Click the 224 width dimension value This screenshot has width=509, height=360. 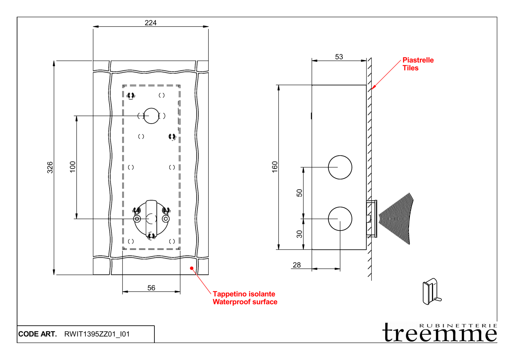click(x=151, y=23)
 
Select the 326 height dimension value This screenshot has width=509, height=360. click(x=50, y=167)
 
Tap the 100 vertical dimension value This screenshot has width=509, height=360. click(x=73, y=167)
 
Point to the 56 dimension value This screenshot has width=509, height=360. click(x=151, y=288)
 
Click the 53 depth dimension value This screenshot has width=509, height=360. click(x=339, y=57)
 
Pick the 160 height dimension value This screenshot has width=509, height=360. click(x=275, y=167)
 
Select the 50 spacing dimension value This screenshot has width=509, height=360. click(x=299, y=193)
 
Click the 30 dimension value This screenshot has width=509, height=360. click(x=299, y=234)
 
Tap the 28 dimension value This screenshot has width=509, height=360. click(x=297, y=265)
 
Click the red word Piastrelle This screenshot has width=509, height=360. click(x=418, y=60)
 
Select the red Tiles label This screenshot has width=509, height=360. click(x=410, y=68)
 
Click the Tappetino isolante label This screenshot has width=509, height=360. click(x=244, y=294)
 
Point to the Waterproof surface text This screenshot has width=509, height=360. click(x=245, y=302)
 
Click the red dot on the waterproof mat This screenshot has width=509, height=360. click(x=192, y=268)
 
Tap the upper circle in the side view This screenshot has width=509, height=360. click(x=340, y=167)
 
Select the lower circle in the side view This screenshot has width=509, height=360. click(x=340, y=219)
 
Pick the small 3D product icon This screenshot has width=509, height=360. click(x=431, y=292)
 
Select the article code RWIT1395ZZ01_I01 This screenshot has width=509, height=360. click(x=97, y=334)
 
